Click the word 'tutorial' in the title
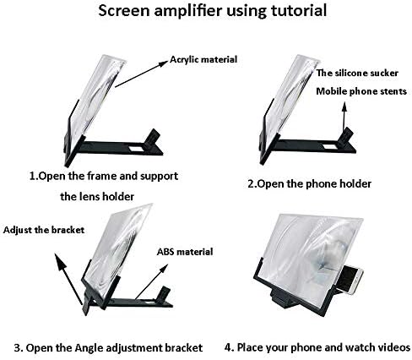298,10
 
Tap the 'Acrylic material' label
203,59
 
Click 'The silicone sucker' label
357,73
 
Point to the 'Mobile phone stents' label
361,91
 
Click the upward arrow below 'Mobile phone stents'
344,116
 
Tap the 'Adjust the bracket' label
44,230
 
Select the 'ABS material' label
185,252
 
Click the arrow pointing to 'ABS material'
151,281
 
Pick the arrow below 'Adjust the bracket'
68,279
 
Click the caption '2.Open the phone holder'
309,184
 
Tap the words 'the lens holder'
97,196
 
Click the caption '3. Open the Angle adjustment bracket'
108,347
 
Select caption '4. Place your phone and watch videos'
317,347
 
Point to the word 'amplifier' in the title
190,11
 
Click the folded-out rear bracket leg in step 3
87,304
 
